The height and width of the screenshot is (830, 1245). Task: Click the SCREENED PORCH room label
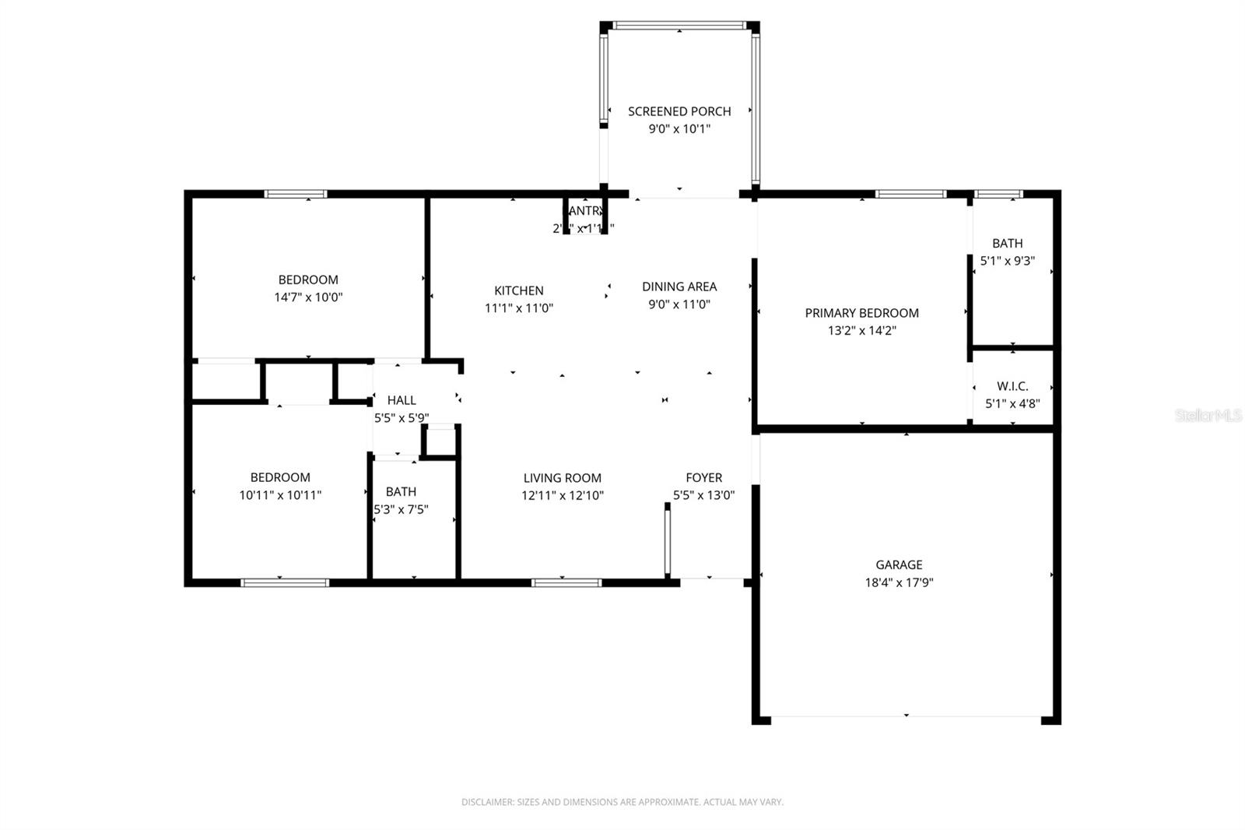(x=679, y=111)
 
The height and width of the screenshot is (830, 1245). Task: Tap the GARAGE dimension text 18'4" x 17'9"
(x=899, y=582)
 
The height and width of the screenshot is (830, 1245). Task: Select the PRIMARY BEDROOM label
(x=861, y=313)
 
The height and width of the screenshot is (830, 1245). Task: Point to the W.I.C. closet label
(x=1012, y=386)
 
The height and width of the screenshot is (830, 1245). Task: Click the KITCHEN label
(x=519, y=290)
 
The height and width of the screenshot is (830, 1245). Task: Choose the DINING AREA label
(x=679, y=287)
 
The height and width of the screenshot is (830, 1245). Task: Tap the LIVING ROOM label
(x=562, y=478)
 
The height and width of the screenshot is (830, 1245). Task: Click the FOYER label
(x=703, y=477)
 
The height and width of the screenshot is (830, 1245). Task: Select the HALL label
(x=402, y=400)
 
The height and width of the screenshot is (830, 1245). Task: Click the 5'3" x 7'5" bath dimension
(x=402, y=510)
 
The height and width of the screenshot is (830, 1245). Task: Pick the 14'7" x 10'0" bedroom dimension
(x=308, y=297)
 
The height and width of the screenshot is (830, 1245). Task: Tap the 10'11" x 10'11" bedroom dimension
(x=280, y=495)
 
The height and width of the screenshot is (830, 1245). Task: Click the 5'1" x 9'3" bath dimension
(x=1007, y=262)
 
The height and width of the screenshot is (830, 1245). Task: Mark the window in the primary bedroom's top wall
(x=910, y=194)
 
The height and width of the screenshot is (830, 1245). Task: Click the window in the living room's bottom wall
(x=566, y=582)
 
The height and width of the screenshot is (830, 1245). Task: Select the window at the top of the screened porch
(x=679, y=26)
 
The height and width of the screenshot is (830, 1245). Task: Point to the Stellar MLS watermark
(x=1208, y=416)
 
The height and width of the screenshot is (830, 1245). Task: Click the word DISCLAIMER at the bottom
(x=487, y=802)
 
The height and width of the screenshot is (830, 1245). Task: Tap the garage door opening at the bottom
(x=907, y=717)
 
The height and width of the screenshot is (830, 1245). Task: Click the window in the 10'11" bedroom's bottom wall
(x=285, y=582)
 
